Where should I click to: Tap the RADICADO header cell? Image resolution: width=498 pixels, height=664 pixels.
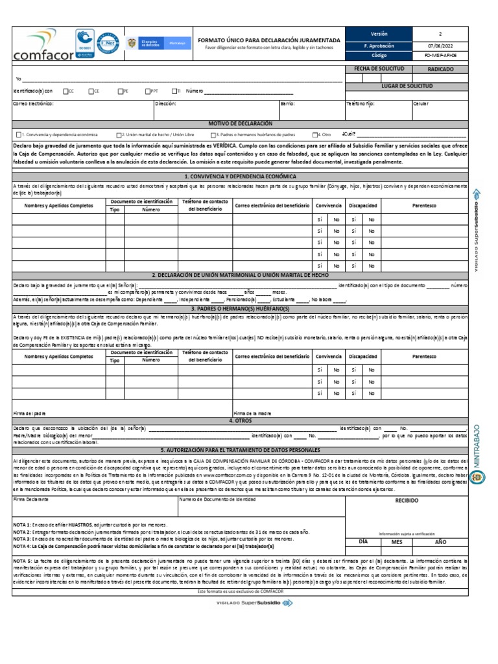pos(441,68)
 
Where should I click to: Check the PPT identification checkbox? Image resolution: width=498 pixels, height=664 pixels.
pos(147,91)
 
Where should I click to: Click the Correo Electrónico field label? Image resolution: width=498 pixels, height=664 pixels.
pos(33,104)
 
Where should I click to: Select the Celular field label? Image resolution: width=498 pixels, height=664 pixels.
pos(421,104)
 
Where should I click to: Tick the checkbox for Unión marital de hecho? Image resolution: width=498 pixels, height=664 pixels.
pos(119,135)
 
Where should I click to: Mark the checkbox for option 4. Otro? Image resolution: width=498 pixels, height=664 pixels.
pos(314,135)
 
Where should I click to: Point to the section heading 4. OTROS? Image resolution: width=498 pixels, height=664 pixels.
pos(240,420)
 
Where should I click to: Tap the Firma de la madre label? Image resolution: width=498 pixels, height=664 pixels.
pos(252,413)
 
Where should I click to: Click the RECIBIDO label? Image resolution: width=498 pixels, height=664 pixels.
pos(407,501)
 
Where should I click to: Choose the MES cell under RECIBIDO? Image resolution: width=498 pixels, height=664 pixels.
pos(396,541)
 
